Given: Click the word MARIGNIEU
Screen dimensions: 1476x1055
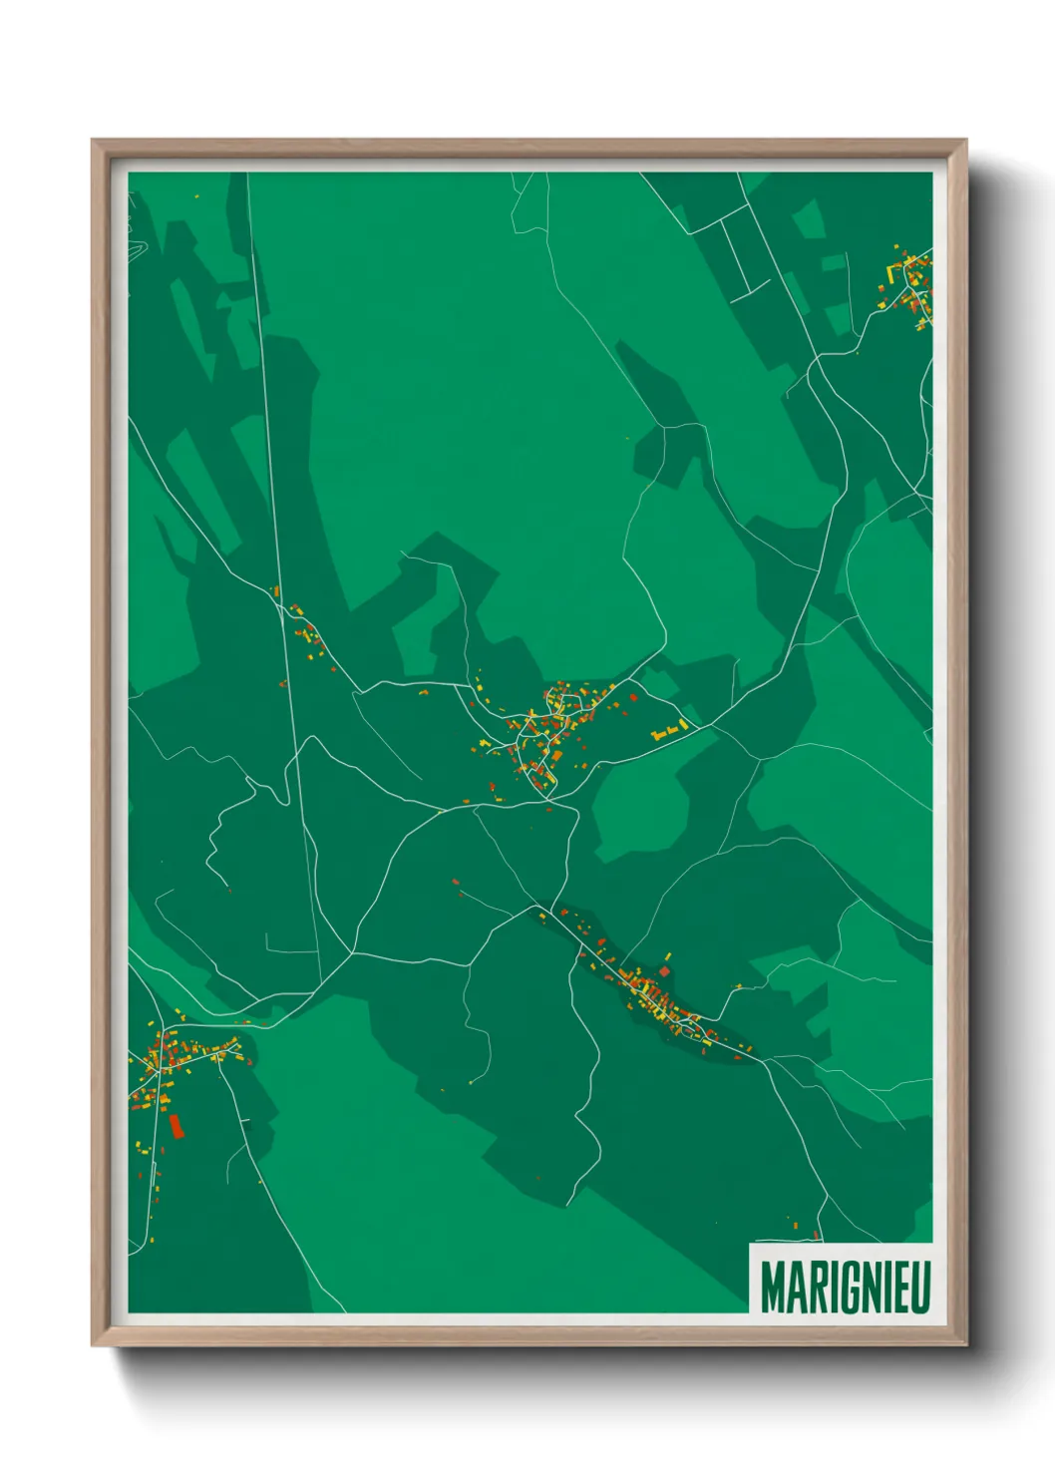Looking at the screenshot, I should point(846,1288).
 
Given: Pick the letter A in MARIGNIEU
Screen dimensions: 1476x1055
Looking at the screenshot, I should point(795,1288).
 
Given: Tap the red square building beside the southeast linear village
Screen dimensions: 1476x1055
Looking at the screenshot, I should point(665,969).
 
